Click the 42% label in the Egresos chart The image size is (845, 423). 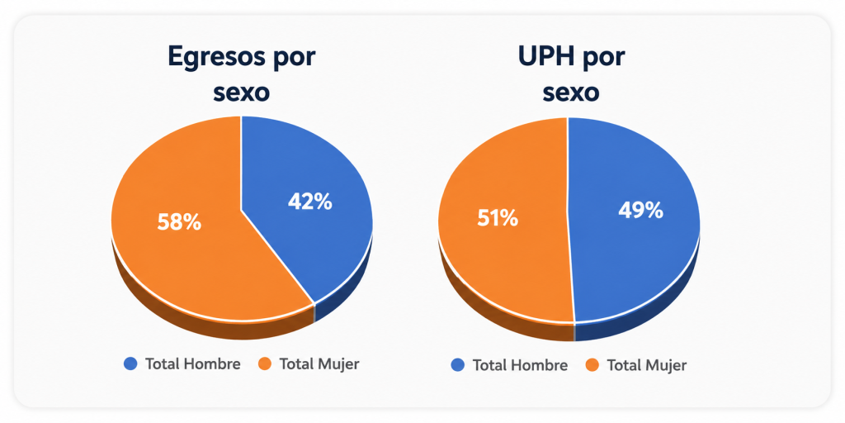click(310, 202)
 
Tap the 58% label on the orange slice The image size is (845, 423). click(179, 222)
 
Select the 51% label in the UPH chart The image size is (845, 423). click(498, 218)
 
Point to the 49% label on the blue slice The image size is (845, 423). click(640, 211)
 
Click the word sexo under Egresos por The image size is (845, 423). click(242, 93)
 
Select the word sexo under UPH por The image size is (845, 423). click(571, 93)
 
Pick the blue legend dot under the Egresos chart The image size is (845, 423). click(130, 364)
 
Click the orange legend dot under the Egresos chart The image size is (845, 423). click(265, 364)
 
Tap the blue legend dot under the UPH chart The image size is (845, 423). click(457, 366)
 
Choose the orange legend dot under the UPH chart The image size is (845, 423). click(592, 366)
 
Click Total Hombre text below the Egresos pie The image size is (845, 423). click(193, 364)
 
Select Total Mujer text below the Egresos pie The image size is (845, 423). click(319, 364)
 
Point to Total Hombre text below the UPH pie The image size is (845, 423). click(520, 366)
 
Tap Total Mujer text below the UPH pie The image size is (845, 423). click(647, 366)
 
